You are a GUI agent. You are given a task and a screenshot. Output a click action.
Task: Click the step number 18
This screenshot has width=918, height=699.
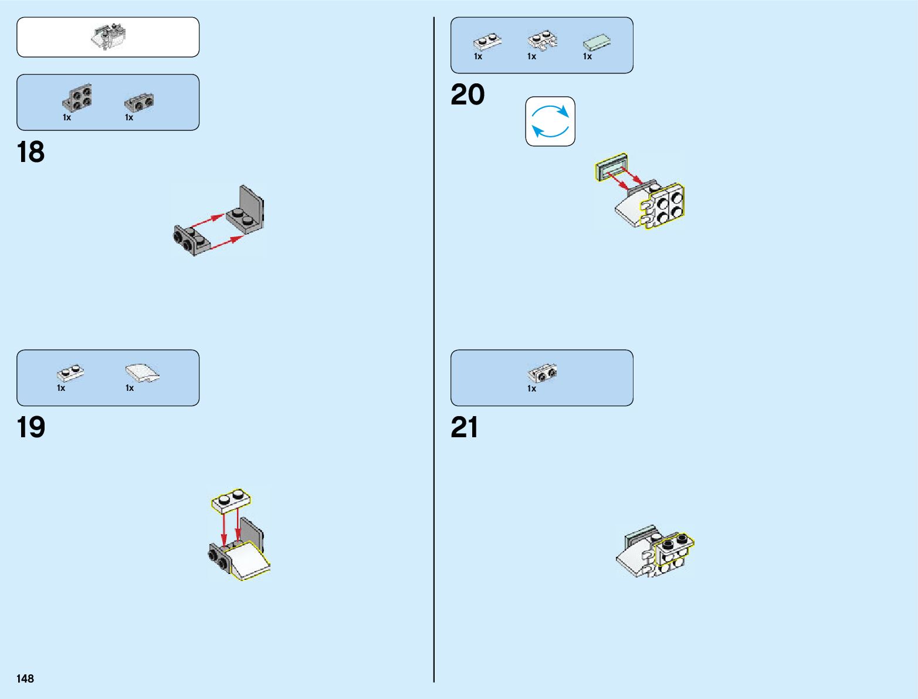pyautogui.click(x=31, y=153)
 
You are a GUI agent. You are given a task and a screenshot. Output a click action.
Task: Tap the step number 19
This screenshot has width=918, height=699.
pyautogui.click(x=31, y=428)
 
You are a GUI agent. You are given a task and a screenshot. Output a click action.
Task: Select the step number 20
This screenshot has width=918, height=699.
pyautogui.click(x=468, y=95)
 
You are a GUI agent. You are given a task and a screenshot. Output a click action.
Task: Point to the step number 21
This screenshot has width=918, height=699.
pyautogui.click(x=465, y=428)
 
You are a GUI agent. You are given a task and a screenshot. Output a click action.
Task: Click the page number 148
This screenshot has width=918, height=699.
pyautogui.click(x=25, y=678)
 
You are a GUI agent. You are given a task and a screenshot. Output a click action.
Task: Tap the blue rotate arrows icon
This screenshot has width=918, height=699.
pyautogui.click(x=550, y=121)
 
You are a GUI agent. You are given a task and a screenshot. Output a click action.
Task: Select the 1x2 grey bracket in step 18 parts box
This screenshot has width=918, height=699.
pyautogui.click(x=139, y=103)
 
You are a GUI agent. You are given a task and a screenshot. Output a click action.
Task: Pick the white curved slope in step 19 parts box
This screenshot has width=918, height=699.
pyautogui.click(x=141, y=373)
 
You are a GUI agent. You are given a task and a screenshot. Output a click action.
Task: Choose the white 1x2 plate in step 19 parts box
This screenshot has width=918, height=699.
pyautogui.click(x=70, y=372)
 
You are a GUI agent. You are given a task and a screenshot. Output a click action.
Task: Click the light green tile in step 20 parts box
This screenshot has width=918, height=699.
pyautogui.click(x=597, y=43)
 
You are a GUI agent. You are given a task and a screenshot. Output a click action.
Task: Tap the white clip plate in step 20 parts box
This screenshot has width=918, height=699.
pyautogui.click(x=543, y=41)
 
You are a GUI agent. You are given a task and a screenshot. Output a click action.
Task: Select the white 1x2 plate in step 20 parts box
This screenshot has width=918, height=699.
pyautogui.click(x=487, y=42)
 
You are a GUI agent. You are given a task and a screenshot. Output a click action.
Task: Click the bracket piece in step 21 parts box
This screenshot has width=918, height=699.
pyautogui.click(x=543, y=373)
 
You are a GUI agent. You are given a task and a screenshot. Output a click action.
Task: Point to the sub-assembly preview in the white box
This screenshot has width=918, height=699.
pyautogui.click(x=109, y=37)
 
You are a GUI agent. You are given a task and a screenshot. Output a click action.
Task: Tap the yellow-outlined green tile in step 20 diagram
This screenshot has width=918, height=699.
pyautogui.click(x=611, y=168)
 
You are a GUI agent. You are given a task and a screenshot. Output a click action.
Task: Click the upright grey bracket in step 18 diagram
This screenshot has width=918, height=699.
pyautogui.click(x=248, y=211)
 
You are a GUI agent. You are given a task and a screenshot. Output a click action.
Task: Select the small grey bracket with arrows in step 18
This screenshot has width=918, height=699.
pyautogui.click(x=192, y=239)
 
